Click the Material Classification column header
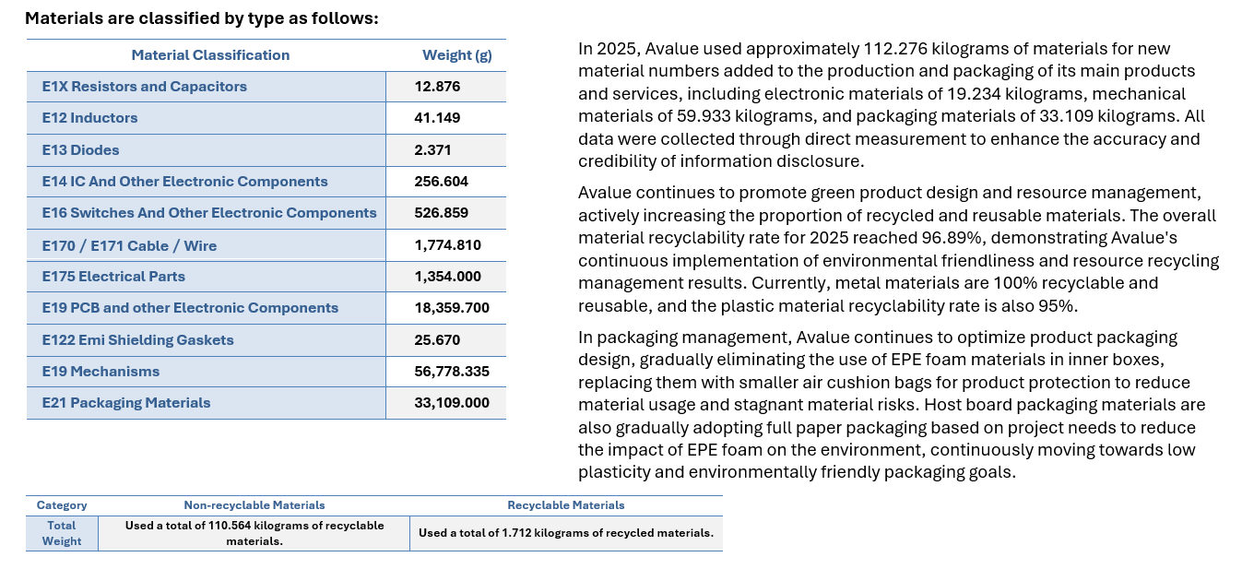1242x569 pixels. point(210,55)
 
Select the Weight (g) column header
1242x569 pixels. point(457,55)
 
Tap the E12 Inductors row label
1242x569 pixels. point(89,117)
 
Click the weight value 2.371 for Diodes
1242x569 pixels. point(432,149)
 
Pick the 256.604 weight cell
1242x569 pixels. point(442,182)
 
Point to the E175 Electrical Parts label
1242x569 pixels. point(113,276)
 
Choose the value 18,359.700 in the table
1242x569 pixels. point(452,308)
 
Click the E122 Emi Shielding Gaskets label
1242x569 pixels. point(138,339)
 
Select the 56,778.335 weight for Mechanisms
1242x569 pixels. point(452,371)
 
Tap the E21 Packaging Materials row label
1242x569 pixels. point(126,403)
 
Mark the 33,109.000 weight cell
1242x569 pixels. point(452,403)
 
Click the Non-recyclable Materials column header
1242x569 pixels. point(254,505)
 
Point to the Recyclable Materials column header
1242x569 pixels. point(566,505)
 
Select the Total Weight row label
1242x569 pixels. point(62,533)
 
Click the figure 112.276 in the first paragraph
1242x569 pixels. point(895,49)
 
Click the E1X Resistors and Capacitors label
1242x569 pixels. point(145,87)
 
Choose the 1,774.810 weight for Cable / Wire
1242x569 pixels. point(448,245)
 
